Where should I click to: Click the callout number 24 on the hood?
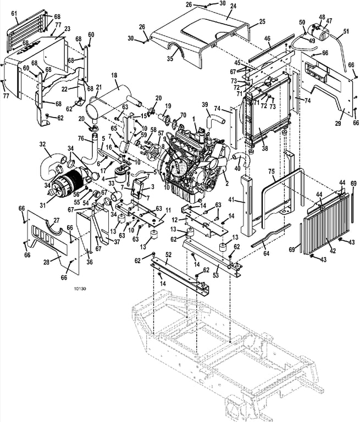pyautogui.click(x=233, y=6)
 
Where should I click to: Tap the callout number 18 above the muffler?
pyautogui.click(x=114, y=75)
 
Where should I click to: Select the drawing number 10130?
pyautogui.click(x=80, y=289)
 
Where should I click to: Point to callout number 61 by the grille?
pyautogui.click(x=14, y=13)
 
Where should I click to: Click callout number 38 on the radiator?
pyautogui.click(x=265, y=148)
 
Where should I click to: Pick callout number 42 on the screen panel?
pyautogui.click(x=333, y=251)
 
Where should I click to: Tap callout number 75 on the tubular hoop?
pyautogui.click(x=272, y=171)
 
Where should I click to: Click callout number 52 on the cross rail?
pyautogui.click(x=168, y=254)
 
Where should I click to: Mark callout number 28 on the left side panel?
pyautogui.click(x=47, y=262)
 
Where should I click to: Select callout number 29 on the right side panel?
pyautogui.click(x=338, y=124)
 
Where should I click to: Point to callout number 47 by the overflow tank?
pyautogui.click(x=329, y=21)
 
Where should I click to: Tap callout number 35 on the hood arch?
pyautogui.click(x=170, y=59)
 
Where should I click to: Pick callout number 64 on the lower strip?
pyautogui.click(x=267, y=253)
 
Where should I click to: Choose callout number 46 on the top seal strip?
pyautogui.click(x=267, y=38)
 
